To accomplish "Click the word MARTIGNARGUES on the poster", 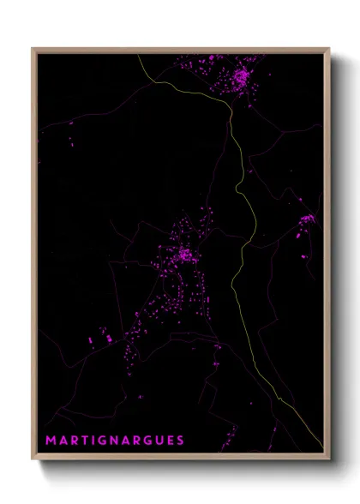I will pos(115,441).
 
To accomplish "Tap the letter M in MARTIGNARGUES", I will pos(51,441).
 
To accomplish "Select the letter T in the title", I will pos(86,441).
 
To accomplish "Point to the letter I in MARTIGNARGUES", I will pos(95,441).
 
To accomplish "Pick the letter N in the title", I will pos(116,441).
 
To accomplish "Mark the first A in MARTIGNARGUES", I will pos(63,441).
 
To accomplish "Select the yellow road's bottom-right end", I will pos(322,447).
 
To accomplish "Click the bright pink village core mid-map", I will pos(183,255).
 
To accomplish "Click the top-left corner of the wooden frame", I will pos(33,49).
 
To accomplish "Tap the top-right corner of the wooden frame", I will pos(329,49).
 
